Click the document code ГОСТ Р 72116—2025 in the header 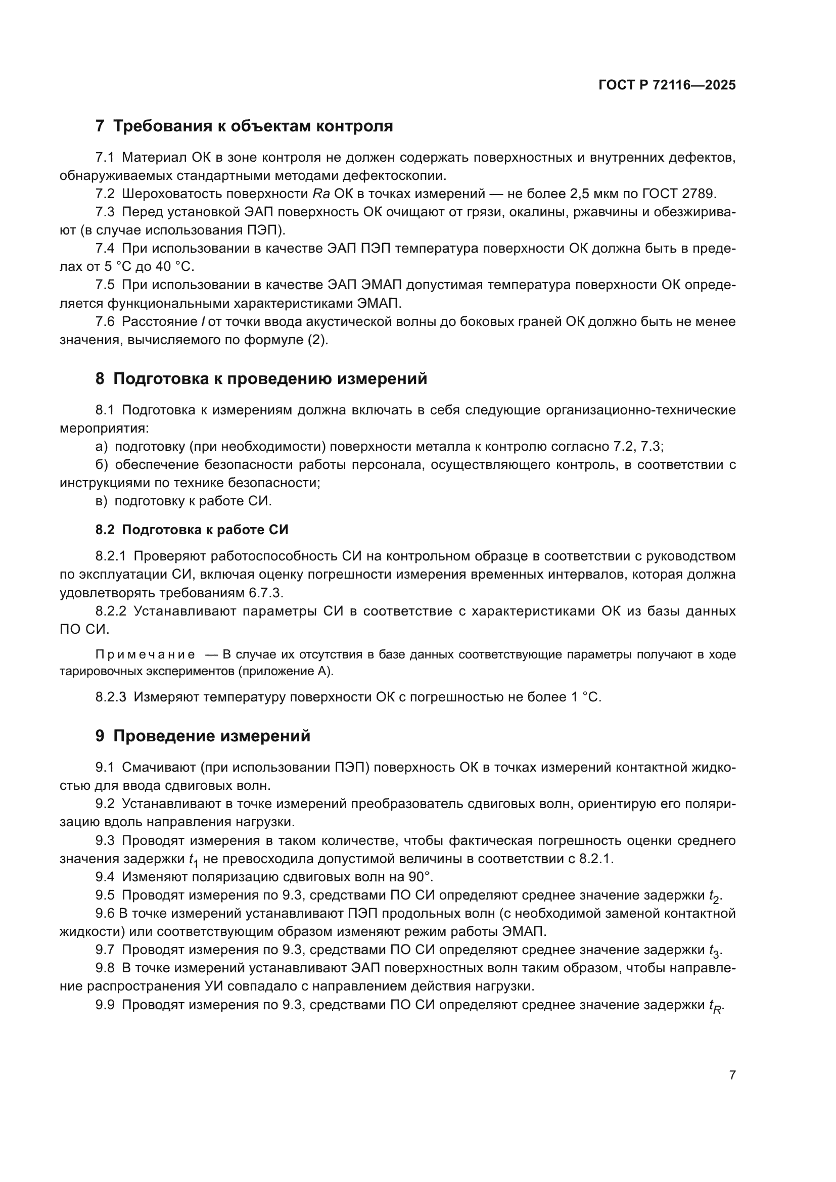pyautogui.click(x=667, y=85)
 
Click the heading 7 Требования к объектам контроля pyautogui.click(x=244, y=126)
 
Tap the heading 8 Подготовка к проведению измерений pyautogui.click(x=261, y=379)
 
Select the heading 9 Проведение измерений pyautogui.click(x=203, y=736)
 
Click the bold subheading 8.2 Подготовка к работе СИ pyautogui.click(x=192, y=530)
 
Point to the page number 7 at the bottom pyautogui.click(x=732, y=1075)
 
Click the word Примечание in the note pyautogui.click(x=145, y=655)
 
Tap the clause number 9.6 pyautogui.click(x=105, y=913)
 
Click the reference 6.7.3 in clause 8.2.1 pyautogui.click(x=266, y=593)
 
